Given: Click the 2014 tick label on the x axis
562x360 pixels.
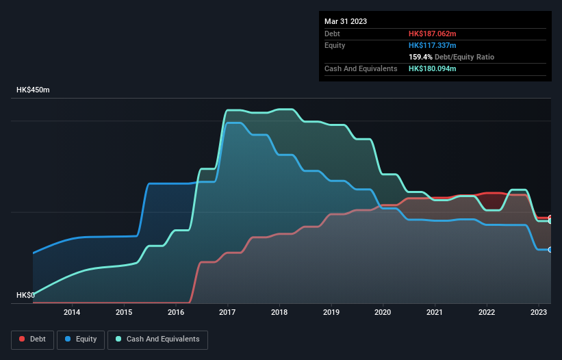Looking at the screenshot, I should (72, 313).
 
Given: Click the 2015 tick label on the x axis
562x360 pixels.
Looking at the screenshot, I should (124, 313).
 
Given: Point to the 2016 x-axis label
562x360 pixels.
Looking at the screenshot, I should (176, 313).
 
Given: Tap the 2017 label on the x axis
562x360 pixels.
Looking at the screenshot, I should (227, 313).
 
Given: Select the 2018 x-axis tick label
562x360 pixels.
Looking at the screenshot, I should (279, 313).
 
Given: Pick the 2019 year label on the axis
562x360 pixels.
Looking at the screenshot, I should (331, 313).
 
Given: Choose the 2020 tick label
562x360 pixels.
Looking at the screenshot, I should (383, 313).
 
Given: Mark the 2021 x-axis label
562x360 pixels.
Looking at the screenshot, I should (435, 313).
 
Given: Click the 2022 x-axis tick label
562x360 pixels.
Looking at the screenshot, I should (487, 313).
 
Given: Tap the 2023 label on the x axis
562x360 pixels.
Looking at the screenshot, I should (539, 313).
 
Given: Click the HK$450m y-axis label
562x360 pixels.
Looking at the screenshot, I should (34, 90).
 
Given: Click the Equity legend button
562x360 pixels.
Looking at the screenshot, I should (81, 339).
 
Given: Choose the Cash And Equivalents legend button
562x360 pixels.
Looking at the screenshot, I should (157, 339).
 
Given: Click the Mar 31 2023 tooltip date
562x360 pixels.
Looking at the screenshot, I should (346, 21).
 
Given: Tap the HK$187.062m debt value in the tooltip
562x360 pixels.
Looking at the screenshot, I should (433, 34).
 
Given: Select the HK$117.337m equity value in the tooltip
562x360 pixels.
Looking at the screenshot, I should (433, 45).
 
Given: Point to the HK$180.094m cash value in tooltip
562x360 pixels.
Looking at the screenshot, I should (433, 68).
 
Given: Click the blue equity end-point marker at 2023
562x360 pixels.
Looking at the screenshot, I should (550, 250).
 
